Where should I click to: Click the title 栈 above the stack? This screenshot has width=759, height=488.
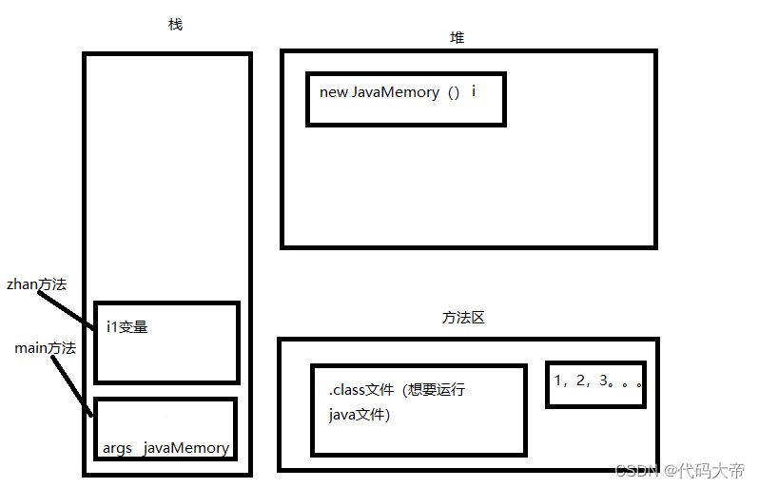[x=175, y=25]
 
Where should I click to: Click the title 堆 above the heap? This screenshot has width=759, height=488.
[x=457, y=37]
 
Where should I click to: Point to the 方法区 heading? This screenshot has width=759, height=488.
[x=463, y=318]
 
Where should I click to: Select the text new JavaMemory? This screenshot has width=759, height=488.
[x=379, y=92]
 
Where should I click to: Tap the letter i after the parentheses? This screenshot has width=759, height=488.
[x=474, y=91]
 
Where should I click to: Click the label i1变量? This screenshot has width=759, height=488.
[x=127, y=327]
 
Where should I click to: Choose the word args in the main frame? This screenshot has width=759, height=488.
[x=117, y=448]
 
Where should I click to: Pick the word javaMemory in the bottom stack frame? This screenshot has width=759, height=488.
[x=186, y=448]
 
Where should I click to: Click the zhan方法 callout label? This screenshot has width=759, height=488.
[x=36, y=283]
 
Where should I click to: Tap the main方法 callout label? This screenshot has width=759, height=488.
[x=45, y=348]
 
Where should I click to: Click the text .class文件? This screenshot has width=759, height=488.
[x=361, y=390]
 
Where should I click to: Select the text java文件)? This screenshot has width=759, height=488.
[x=360, y=415]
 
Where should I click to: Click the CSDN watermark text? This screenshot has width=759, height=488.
[x=637, y=471]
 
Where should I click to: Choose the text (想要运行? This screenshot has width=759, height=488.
[x=433, y=390]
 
